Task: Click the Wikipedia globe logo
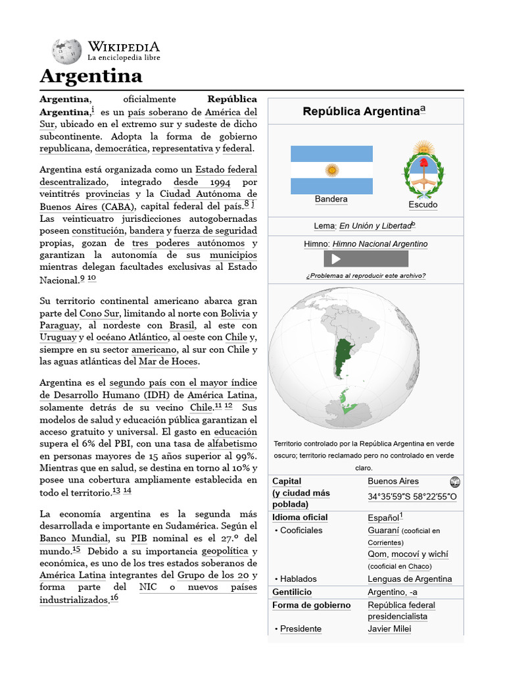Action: pos(67,51)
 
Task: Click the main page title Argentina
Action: pos(91,76)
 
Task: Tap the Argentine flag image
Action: pos(331,170)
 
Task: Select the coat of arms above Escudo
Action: pos(423,169)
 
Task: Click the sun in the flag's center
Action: pos(332,170)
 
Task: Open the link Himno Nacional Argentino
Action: pos(380,244)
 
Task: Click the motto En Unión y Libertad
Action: pos(375,226)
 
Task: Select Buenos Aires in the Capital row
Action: pos(393,481)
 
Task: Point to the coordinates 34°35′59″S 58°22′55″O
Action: pos(412,497)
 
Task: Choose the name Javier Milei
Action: pos(389,629)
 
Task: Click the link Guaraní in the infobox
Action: pos(383,530)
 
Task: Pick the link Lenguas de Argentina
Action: pos(410,579)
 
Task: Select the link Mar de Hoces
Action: pos(168,361)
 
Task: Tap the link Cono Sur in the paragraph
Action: pos(99,313)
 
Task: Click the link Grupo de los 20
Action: pos(217,575)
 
